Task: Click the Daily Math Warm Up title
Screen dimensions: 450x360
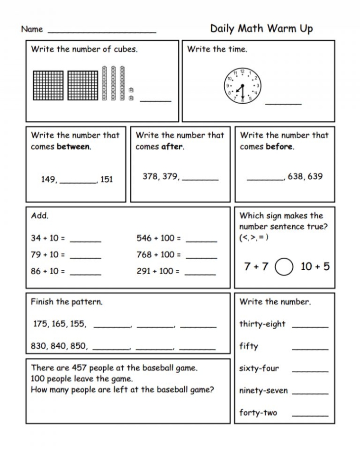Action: tap(261, 28)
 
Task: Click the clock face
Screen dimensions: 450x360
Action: tap(243, 86)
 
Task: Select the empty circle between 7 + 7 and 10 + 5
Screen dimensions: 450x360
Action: tap(284, 267)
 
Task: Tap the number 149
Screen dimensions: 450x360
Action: tap(48, 180)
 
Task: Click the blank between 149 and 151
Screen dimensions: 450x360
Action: tap(79, 181)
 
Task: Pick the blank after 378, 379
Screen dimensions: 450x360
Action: tap(200, 179)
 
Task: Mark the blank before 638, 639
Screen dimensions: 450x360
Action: tap(265, 179)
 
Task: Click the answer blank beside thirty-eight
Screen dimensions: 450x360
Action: tap(310, 326)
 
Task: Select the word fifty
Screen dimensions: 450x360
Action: tap(249, 346)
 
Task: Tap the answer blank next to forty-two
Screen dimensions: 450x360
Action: tap(310, 415)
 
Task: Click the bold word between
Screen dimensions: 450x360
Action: tap(73, 147)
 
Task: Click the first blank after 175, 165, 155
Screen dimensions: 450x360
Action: tap(112, 326)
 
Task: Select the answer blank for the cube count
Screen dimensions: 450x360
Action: tap(155, 100)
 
